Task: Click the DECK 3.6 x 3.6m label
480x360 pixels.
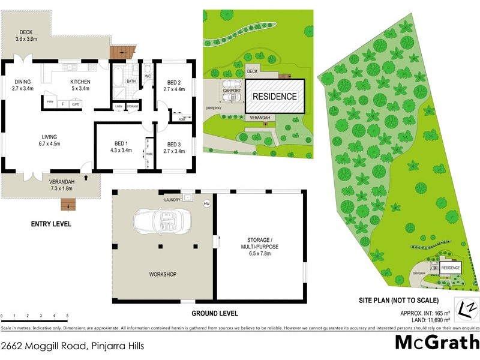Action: [26, 36]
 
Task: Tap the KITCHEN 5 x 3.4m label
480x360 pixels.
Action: [80, 85]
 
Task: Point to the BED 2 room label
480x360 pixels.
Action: [173, 85]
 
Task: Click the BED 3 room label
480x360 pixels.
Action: [173, 148]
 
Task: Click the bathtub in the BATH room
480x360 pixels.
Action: [118, 78]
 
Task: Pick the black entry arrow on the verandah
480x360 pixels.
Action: [88, 178]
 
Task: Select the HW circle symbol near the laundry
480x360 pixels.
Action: [208, 204]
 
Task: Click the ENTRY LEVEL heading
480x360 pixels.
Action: [51, 224]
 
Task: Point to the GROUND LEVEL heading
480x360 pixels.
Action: [214, 313]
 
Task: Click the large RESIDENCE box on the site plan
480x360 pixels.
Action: [274, 96]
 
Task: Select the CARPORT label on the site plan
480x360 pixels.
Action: [232, 91]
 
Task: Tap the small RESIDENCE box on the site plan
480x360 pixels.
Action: [451, 268]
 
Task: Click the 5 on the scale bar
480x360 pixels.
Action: [67, 316]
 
